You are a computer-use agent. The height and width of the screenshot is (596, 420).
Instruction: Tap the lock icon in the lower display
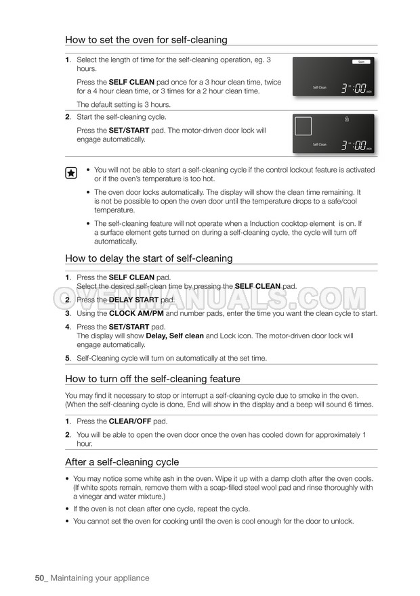(x=347, y=120)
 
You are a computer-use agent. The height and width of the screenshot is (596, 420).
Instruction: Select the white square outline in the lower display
(x=303, y=126)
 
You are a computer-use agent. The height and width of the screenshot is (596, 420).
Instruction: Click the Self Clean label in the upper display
(x=319, y=87)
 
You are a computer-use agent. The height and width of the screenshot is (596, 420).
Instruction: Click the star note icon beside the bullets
(x=70, y=173)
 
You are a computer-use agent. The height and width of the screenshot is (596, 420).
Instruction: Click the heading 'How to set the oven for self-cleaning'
(x=146, y=40)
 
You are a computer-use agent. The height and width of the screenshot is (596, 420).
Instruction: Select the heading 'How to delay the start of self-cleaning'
(x=148, y=258)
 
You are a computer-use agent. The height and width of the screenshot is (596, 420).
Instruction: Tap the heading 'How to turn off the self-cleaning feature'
(x=152, y=379)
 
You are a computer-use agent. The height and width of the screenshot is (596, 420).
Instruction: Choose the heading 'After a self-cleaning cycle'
(x=122, y=462)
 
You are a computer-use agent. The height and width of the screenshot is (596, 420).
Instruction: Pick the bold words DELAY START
(x=134, y=300)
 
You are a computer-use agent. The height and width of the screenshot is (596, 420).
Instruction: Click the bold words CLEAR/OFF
(x=130, y=421)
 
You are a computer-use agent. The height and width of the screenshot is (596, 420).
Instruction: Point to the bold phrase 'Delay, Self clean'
(x=175, y=336)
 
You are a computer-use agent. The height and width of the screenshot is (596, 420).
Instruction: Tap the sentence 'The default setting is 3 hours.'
(x=123, y=105)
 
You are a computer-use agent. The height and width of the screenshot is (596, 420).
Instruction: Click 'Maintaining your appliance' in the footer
(x=100, y=578)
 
